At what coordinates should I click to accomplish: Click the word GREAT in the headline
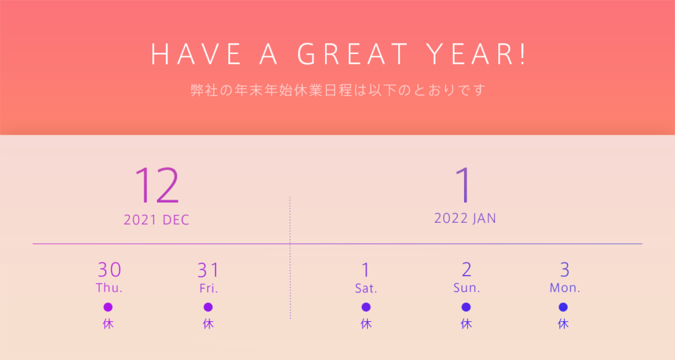click(x=353, y=54)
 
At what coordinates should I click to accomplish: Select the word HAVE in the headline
click(x=196, y=54)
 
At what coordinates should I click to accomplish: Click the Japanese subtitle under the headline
click(x=338, y=90)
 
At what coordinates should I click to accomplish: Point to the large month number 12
click(x=157, y=185)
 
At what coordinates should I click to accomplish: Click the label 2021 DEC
click(x=157, y=220)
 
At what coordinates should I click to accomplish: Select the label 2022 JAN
click(x=465, y=218)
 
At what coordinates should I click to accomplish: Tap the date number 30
click(x=109, y=270)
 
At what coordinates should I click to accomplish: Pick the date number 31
click(x=208, y=270)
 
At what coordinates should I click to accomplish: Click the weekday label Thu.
click(x=109, y=287)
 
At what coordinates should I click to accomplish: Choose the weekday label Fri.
click(x=208, y=288)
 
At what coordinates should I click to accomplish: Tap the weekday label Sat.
click(x=366, y=288)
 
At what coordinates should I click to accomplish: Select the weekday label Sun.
click(x=467, y=287)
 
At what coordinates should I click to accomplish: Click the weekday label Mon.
click(x=565, y=287)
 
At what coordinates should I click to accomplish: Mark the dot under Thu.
click(x=108, y=307)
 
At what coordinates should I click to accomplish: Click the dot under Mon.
click(x=563, y=307)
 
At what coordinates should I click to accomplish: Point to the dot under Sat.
click(x=366, y=307)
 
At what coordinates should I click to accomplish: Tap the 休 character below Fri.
click(x=208, y=324)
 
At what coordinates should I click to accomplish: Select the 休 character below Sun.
click(x=466, y=324)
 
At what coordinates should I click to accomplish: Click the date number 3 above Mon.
click(x=565, y=270)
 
